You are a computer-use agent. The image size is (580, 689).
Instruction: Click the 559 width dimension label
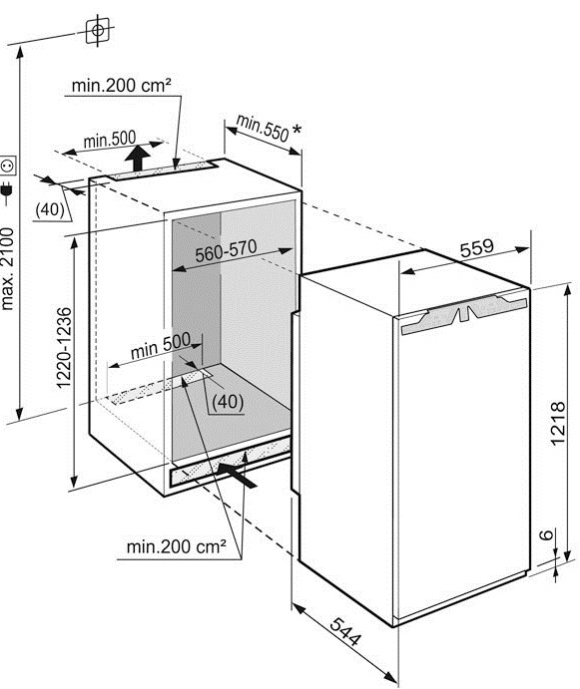click(x=476, y=248)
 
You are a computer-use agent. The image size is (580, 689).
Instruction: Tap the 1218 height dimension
click(x=557, y=423)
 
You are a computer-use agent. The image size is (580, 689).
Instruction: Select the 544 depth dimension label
click(x=345, y=631)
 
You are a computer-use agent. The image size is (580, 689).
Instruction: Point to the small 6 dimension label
click(x=546, y=534)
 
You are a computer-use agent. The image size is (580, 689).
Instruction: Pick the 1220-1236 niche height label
click(x=64, y=348)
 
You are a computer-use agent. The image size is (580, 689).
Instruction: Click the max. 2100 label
click(x=8, y=269)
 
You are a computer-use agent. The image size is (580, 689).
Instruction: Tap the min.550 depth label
click(x=263, y=128)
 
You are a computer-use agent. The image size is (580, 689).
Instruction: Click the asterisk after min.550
click(x=297, y=130)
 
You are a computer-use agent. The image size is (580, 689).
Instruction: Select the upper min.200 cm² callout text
click(x=121, y=85)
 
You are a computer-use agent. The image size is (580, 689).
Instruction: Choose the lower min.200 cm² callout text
click(x=176, y=546)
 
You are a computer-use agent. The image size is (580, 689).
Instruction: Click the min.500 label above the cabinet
click(x=110, y=140)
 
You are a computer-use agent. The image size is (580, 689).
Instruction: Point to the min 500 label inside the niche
click(x=161, y=345)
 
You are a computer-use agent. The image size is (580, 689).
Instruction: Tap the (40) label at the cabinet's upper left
click(x=50, y=209)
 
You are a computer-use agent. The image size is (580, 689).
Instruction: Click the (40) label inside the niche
click(x=228, y=401)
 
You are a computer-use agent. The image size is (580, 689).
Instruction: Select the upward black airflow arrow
click(x=138, y=159)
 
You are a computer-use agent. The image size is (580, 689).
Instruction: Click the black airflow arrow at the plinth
click(x=237, y=475)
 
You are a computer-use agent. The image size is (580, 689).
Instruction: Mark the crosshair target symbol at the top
click(x=98, y=30)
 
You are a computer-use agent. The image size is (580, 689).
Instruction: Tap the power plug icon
click(x=7, y=191)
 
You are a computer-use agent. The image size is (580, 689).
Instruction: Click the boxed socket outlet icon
click(x=8, y=166)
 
